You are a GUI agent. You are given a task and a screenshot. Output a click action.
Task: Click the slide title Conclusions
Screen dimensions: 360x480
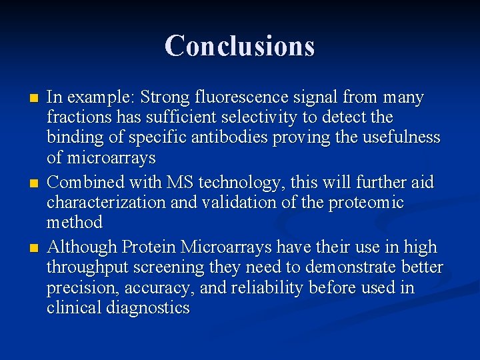[x=239, y=46]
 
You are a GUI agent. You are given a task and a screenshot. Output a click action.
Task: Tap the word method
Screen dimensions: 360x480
[x=74, y=222]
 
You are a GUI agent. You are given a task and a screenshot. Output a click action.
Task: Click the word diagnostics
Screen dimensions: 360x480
[x=150, y=308]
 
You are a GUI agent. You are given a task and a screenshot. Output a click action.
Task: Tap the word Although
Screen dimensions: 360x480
[x=82, y=247]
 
